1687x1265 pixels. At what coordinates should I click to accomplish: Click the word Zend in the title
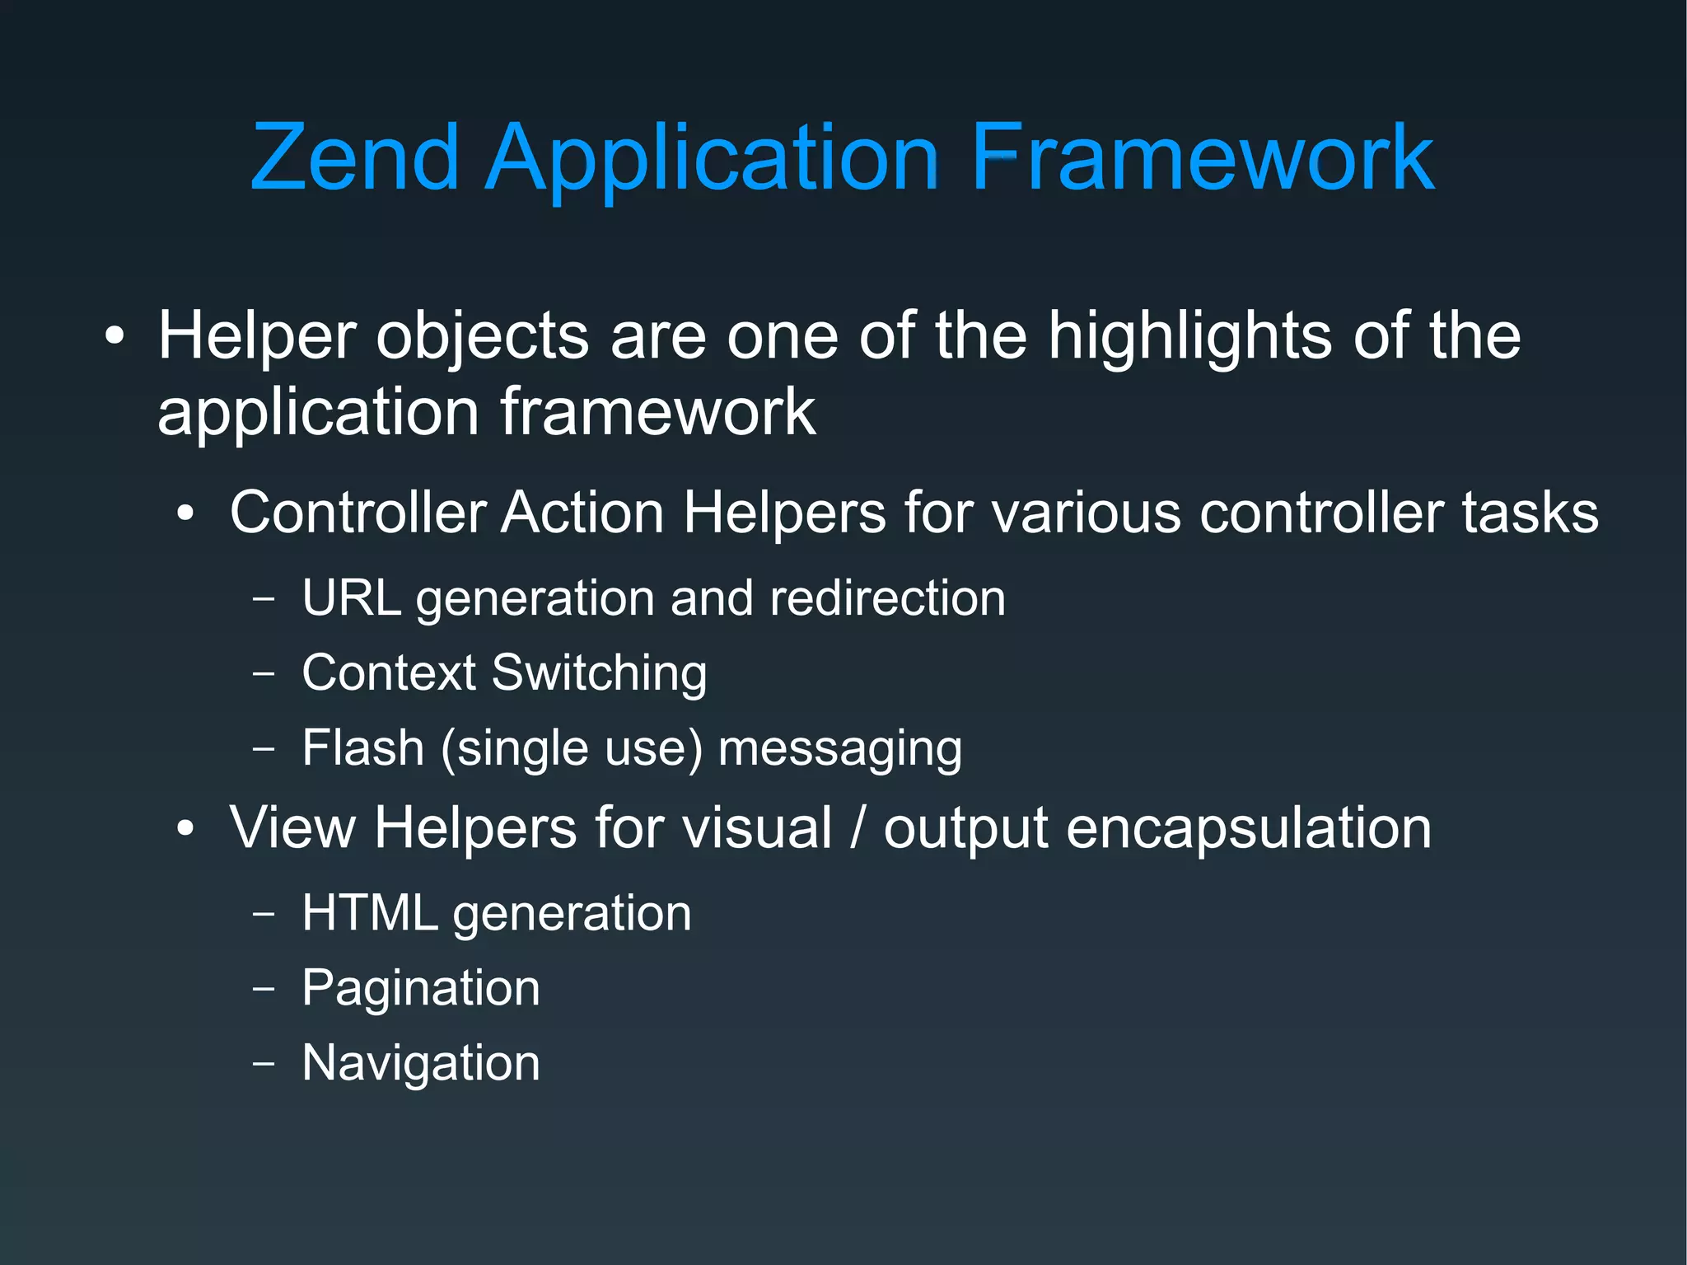pos(354,157)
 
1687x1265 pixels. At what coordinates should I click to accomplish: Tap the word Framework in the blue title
pos(1202,157)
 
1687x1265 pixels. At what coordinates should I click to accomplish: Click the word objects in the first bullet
pos(482,338)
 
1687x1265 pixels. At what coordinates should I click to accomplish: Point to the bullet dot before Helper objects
pos(114,336)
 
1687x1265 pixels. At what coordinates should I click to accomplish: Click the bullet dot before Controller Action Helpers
pos(186,514)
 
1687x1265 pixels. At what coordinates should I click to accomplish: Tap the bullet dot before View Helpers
pos(186,829)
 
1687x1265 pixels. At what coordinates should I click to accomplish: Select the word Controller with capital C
pos(357,513)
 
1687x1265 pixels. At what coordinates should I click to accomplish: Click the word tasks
pos(1530,513)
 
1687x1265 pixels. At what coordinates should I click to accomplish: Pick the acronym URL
pos(351,597)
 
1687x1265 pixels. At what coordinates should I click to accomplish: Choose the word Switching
pos(599,674)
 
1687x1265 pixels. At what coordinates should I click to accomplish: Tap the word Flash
pos(362,748)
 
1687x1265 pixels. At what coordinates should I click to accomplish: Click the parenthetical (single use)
pos(572,749)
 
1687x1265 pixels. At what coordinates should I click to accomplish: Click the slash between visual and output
pos(858,828)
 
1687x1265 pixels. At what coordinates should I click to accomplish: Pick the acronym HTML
pos(370,913)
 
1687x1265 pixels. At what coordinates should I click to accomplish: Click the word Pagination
pos(421,988)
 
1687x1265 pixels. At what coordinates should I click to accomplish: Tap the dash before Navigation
pos(264,1063)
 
